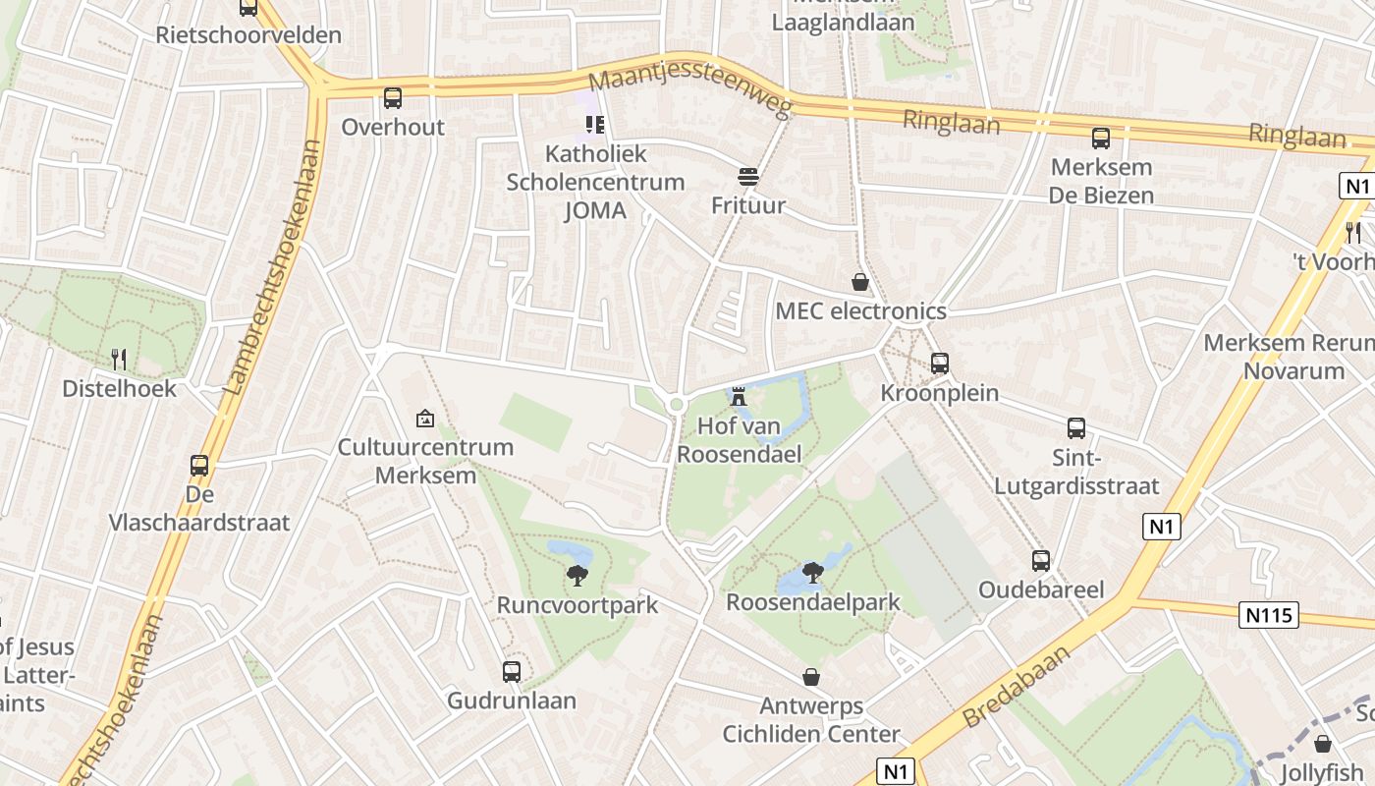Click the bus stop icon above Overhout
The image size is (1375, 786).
[393, 98]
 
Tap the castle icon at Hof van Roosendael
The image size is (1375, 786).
[739, 396]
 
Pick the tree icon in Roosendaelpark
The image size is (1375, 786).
[812, 572]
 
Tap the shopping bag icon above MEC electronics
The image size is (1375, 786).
[860, 283]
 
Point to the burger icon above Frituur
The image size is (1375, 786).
[748, 177]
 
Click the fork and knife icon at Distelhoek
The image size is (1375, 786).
[119, 359]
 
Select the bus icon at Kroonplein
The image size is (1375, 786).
[940, 364]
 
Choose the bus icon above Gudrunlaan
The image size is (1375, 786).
[512, 672]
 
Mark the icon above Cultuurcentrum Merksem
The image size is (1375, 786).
[425, 419]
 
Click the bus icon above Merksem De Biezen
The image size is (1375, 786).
[1101, 138]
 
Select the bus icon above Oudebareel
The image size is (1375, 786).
[1041, 561]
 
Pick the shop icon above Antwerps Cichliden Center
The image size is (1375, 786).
[811, 677]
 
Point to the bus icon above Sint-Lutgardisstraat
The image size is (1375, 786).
[1076, 428]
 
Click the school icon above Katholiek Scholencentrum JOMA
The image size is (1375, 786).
[595, 124]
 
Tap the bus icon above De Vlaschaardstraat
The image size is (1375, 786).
[199, 466]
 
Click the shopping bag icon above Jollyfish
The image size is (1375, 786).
[1323, 744]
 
